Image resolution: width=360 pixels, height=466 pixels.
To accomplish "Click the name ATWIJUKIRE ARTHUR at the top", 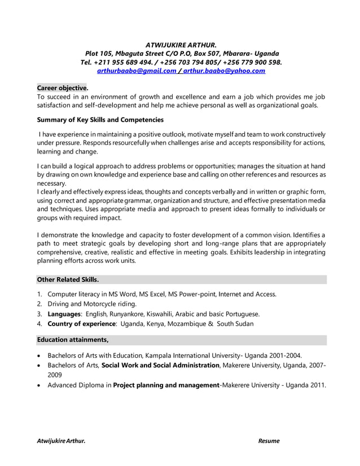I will (x=181, y=44).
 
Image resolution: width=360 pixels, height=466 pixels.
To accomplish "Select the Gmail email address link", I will (x=137, y=71).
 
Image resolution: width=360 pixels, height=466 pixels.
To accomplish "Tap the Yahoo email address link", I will (x=224, y=71).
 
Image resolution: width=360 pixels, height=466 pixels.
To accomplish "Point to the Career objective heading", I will (x=62, y=88).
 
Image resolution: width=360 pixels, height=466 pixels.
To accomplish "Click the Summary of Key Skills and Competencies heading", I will (x=100, y=120).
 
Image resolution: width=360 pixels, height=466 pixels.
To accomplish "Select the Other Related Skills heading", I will (x=68, y=279).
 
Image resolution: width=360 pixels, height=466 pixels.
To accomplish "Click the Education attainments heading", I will (x=72, y=340).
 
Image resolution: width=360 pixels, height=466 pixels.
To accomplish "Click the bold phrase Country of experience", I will (x=82, y=324).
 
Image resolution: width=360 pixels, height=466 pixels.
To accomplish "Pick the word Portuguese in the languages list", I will (x=240, y=314).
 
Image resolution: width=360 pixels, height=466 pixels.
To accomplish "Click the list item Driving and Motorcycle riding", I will (x=92, y=304).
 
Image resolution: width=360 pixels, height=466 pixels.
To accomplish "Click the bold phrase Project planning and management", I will (x=165, y=385).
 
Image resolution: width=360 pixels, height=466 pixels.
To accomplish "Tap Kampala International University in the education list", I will (x=192, y=355).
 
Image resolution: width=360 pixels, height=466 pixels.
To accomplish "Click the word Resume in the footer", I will (x=269, y=441).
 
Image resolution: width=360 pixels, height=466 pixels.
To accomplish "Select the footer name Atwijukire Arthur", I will (x=61, y=441).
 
